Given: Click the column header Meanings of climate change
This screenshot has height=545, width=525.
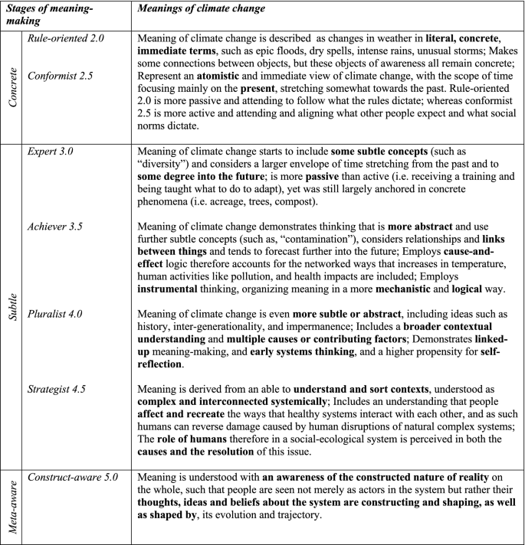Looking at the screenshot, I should click(x=201, y=8).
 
